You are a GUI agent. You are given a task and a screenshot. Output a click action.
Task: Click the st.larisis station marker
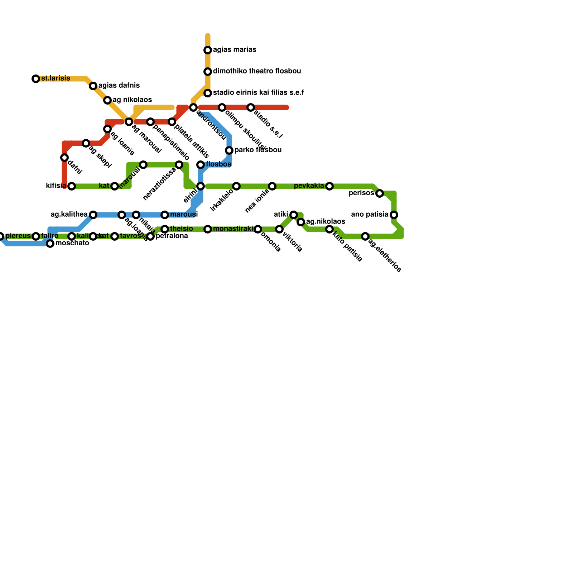[36, 79]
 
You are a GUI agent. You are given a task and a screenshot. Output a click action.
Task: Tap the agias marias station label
[234, 50]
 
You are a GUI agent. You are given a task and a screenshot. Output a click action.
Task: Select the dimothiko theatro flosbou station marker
[208, 72]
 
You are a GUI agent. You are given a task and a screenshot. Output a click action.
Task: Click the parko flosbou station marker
[229, 150]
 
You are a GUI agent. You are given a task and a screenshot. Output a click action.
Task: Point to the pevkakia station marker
[329, 186]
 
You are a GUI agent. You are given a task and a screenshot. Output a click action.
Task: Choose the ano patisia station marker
[394, 215]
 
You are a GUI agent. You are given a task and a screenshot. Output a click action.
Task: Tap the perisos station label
[361, 193]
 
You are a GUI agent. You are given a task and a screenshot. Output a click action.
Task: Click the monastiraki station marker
[208, 229]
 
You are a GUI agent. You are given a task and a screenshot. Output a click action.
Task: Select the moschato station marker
[50, 244]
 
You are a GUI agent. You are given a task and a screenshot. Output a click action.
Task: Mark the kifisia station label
[56, 186]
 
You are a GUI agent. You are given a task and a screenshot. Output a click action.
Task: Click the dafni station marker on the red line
[64, 158]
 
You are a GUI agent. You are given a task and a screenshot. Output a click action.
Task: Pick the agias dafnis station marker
[93, 86]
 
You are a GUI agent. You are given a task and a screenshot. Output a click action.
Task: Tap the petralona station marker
[150, 236]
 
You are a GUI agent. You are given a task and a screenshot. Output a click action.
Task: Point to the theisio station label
[181, 229]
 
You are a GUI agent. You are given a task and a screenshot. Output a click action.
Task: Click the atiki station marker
[294, 215]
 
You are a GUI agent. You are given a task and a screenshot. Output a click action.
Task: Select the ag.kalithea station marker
[93, 215]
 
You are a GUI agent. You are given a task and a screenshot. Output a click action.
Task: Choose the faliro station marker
[36, 236]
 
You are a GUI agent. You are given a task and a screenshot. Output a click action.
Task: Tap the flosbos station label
[218, 164]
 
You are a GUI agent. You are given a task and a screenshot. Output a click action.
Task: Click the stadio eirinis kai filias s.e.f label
[258, 93]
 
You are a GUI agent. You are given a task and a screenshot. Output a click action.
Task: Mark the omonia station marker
[258, 229]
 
